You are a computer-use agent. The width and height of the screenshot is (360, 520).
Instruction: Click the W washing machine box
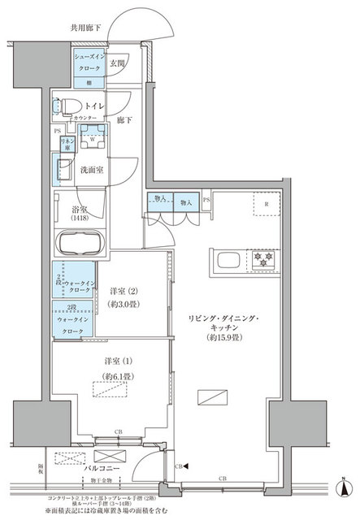click(x=95, y=136)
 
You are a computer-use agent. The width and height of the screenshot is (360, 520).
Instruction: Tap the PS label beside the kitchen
click(x=207, y=199)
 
